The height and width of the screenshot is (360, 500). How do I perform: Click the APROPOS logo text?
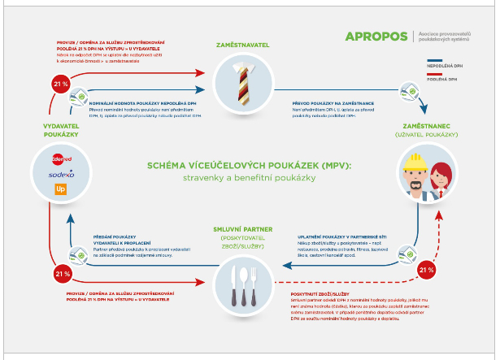376,37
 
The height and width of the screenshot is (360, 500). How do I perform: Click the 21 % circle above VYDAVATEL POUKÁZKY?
59,84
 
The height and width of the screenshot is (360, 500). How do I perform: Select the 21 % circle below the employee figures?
425,269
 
